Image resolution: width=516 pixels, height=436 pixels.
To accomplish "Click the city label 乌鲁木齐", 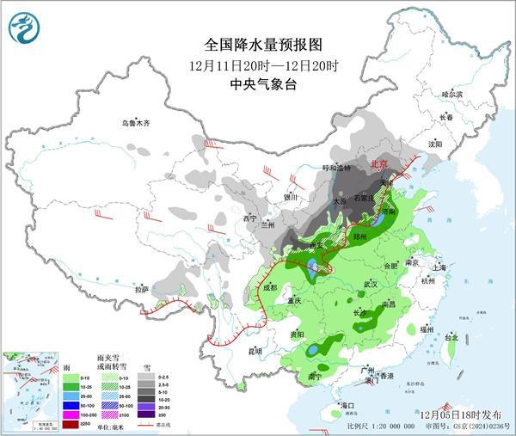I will (x=135, y=124).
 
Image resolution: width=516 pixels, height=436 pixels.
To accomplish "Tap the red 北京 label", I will (x=379, y=163).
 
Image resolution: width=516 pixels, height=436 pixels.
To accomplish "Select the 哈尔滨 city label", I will (x=451, y=94).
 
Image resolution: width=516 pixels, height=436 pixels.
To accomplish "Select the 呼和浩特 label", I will (x=336, y=167).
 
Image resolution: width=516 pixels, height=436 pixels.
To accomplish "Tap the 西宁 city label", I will (x=250, y=218).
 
